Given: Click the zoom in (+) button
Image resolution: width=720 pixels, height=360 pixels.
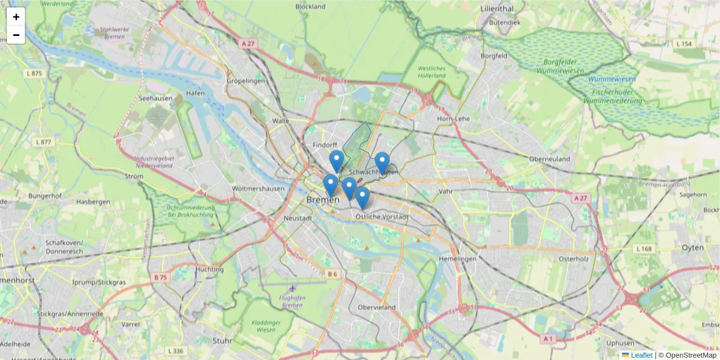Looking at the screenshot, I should pyautogui.click(x=16, y=17).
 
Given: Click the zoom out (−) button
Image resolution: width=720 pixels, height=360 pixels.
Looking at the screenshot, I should pyautogui.click(x=16, y=35).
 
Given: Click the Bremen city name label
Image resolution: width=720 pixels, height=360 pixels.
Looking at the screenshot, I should pyautogui.click(x=323, y=199).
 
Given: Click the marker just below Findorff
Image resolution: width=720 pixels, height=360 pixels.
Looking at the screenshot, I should pyautogui.click(x=337, y=161).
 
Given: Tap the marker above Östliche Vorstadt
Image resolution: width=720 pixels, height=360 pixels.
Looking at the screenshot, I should pyautogui.click(x=362, y=197).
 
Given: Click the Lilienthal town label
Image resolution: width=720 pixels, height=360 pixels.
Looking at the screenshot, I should pyautogui.click(x=497, y=9).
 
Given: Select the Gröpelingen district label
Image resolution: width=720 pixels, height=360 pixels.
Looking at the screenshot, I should pyautogui.click(x=246, y=80).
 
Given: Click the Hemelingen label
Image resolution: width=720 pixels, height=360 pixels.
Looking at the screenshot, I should pyautogui.click(x=457, y=259).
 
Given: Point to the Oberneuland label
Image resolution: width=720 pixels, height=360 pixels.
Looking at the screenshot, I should pyautogui.click(x=550, y=159).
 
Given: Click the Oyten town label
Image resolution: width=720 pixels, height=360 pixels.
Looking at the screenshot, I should pyautogui.click(x=693, y=247).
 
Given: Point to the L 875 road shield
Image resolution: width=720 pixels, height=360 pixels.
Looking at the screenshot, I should pyautogui.click(x=35, y=73).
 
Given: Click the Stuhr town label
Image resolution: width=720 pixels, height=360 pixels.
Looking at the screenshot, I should pyautogui.click(x=222, y=341).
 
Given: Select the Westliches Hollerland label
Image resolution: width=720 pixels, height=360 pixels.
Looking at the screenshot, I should pyautogui.click(x=432, y=72).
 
